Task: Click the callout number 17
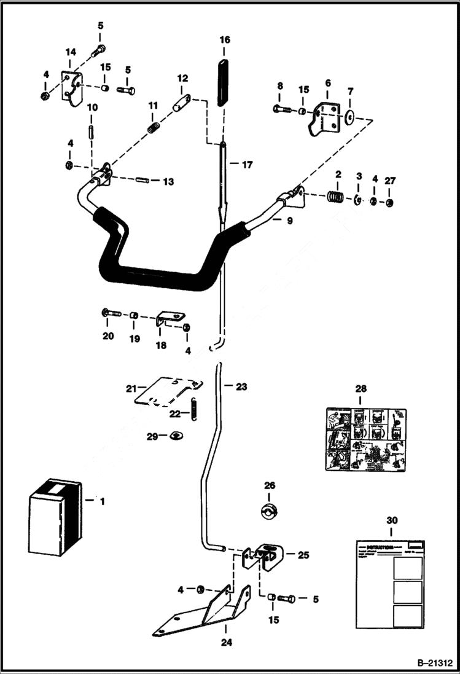coord(247,165)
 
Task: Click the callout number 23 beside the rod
coord(241,387)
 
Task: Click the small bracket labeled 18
coord(170,319)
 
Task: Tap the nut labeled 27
coord(391,202)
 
